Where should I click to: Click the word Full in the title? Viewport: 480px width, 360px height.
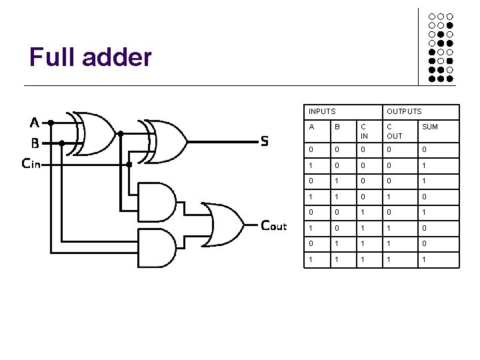[x=51, y=57]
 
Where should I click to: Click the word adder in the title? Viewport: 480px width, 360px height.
[x=116, y=57]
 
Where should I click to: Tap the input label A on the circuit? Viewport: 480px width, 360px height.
[x=35, y=122]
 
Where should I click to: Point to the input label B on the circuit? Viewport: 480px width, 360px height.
[x=35, y=142]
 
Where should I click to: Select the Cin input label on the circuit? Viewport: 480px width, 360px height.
[x=31, y=163]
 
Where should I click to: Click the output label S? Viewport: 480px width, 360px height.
[x=265, y=141]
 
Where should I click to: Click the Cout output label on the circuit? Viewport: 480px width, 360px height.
[x=274, y=225]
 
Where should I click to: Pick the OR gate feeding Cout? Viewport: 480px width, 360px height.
[x=223, y=225]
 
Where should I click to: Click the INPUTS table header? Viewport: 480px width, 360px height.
[x=322, y=111]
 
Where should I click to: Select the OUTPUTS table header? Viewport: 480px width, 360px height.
[x=404, y=111]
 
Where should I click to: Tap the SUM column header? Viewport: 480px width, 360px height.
[x=430, y=126]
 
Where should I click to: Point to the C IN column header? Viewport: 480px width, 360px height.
[x=364, y=131]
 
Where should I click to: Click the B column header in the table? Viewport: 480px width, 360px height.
[x=337, y=126]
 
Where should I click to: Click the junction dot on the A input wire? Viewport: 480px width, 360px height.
[x=51, y=122]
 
